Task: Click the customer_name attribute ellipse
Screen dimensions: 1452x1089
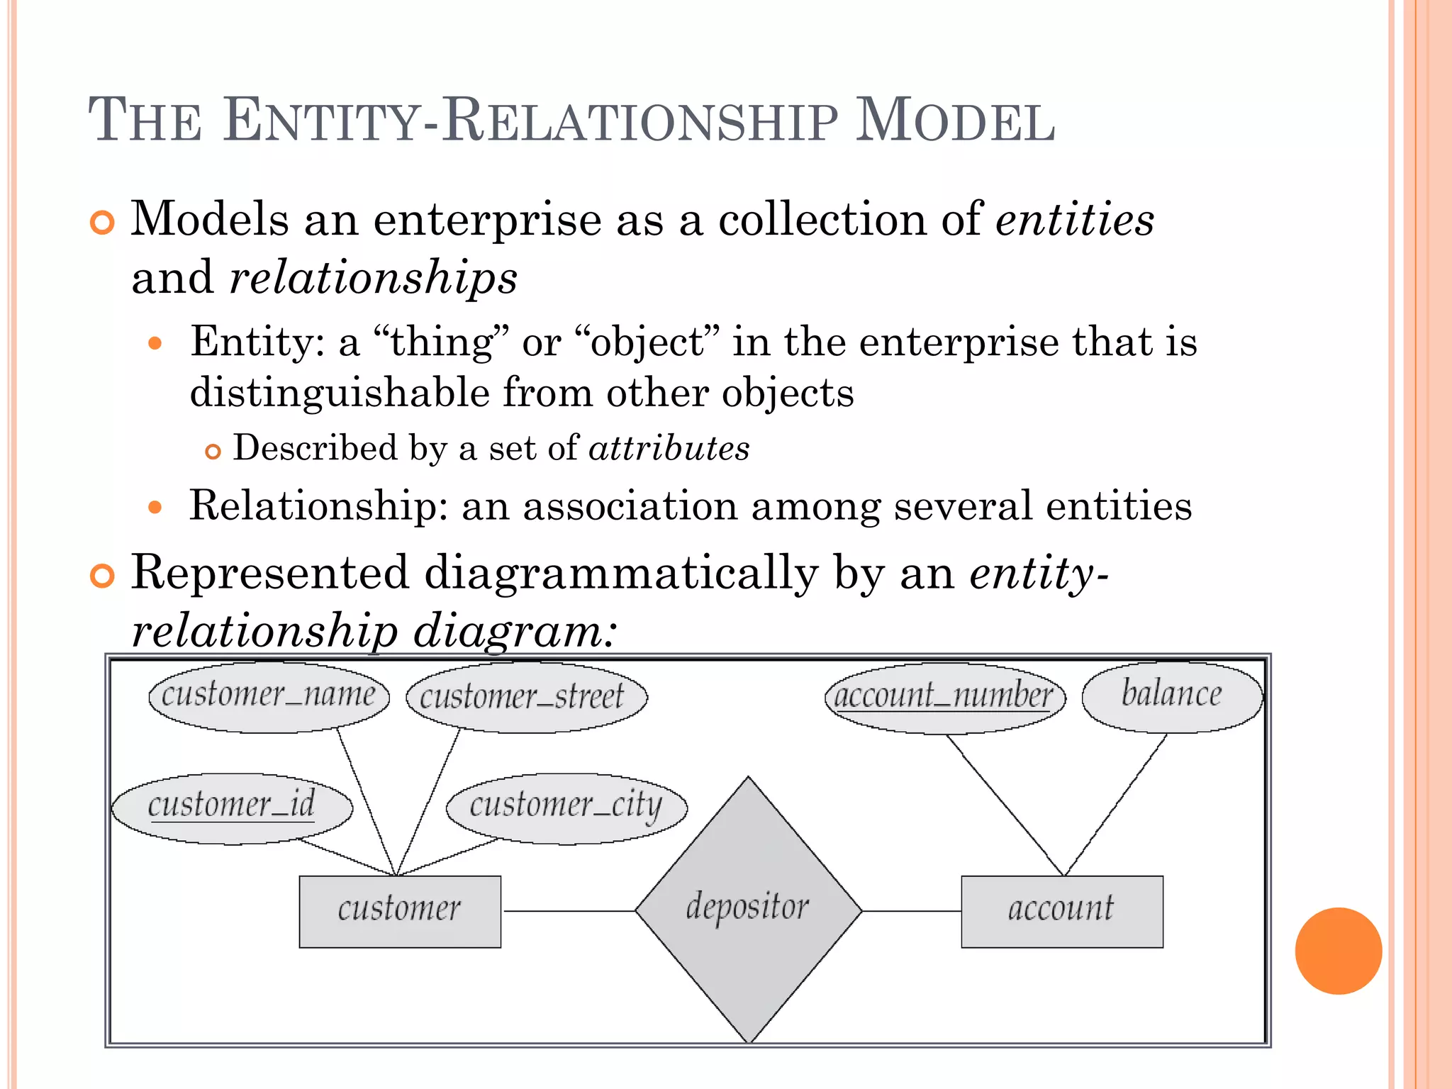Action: pyautogui.click(x=269, y=696)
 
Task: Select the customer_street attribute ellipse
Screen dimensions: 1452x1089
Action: pyautogui.click(x=526, y=696)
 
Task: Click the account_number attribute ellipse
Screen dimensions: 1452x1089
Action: pyautogui.click(x=944, y=698)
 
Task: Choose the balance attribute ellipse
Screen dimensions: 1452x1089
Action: pyautogui.click(x=1172, y=696)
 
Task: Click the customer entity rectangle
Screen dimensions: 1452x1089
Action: pyautogui.click(x=400, y=911)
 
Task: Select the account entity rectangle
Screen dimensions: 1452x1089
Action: pyautogui.click(x=1061, y=911)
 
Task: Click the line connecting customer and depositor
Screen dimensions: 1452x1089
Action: pyautogui.click(x=568, y=911)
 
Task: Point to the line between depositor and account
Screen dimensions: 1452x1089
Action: pyautogui.click(x=911, y=911)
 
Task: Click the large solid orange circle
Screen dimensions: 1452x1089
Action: pyautogui.click(x=1338, y=951)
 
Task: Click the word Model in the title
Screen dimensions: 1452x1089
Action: pyautogui.click(x=955, y=121)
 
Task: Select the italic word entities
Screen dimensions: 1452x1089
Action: pyautogui.click(x=1075, y=219)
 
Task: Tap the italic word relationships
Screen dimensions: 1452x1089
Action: pyautogui.click(x=374, y=277)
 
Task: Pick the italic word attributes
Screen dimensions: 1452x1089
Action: pyautogui.click(x=669, y=449)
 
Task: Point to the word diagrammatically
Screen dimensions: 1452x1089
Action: pyautogui.click(x=621, y=573)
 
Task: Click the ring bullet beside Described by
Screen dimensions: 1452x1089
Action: pyautogui.click(x=213, y=452)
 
